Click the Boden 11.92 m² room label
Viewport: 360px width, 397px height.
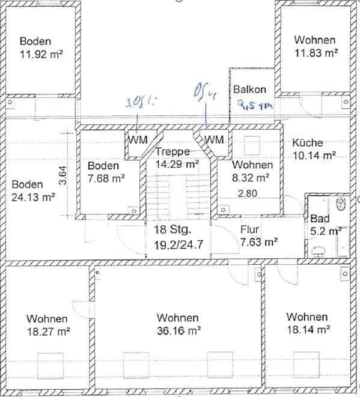41,47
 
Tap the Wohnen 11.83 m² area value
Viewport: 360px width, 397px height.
316,53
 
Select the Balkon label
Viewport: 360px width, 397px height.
249,89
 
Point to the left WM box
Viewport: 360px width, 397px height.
138,140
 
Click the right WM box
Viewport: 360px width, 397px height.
215,140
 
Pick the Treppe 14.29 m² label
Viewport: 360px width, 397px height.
176,157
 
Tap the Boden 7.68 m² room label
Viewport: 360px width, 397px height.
106,172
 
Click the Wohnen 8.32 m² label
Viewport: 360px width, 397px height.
252,171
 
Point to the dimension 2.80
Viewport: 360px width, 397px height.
248,193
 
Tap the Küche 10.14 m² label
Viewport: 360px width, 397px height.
314,150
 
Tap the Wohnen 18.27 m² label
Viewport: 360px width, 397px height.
47,325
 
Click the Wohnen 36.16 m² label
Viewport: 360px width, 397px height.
178,324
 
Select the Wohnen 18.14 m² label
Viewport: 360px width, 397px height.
308,323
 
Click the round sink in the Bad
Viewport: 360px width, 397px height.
340,204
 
